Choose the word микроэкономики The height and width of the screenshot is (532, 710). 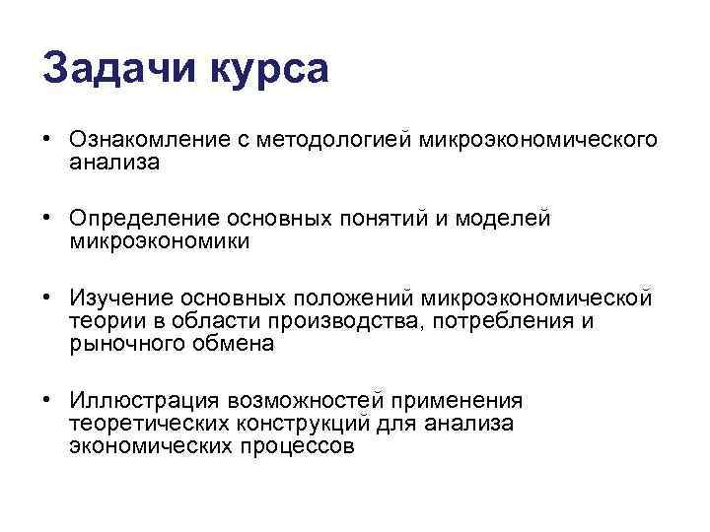coord(161,240)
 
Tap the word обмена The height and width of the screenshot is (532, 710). coord(237,344)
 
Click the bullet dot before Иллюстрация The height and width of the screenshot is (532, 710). coord(47,400)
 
